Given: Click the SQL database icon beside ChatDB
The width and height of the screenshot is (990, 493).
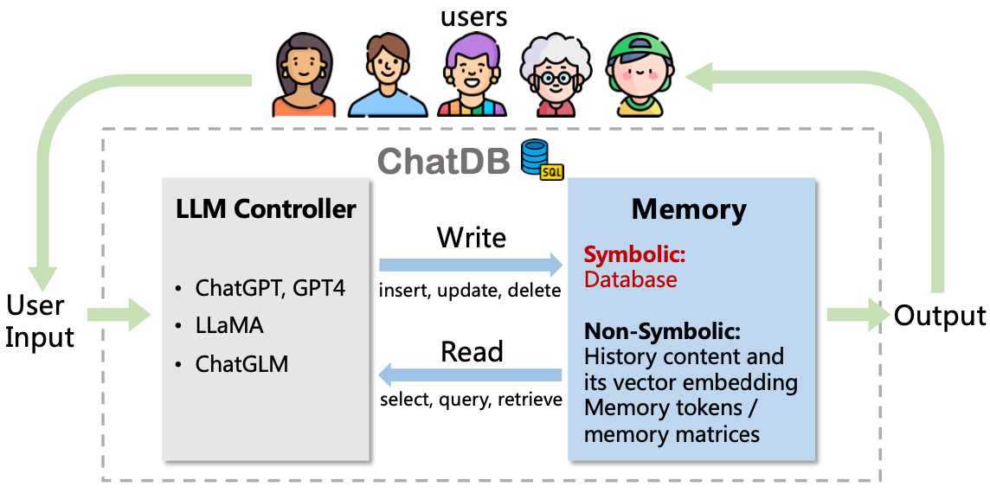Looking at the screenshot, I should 542,160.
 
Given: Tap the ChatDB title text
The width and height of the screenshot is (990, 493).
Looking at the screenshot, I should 444,161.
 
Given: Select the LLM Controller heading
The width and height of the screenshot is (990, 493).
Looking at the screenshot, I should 266,208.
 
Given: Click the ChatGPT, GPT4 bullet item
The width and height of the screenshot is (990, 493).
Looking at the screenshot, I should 270,288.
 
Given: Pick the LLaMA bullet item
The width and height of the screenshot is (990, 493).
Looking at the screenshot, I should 229,326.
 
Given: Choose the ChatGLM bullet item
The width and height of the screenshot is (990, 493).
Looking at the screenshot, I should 241,364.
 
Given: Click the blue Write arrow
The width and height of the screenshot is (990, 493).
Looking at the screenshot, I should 471,264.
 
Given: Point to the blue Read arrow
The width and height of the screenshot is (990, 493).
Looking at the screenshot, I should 471,375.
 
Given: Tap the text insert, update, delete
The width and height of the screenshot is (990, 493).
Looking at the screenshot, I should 471,291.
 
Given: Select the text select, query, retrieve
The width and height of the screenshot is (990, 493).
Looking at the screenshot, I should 471,400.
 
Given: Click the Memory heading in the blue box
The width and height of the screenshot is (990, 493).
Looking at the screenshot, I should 689,209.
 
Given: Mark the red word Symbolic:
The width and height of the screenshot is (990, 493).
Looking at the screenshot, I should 634,255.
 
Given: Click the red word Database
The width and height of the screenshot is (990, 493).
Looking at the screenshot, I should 631,279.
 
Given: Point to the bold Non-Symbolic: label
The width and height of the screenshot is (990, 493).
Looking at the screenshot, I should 663,332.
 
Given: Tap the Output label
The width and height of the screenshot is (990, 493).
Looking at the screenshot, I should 940,316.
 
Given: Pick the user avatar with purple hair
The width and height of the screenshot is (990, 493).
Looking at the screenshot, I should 472,76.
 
